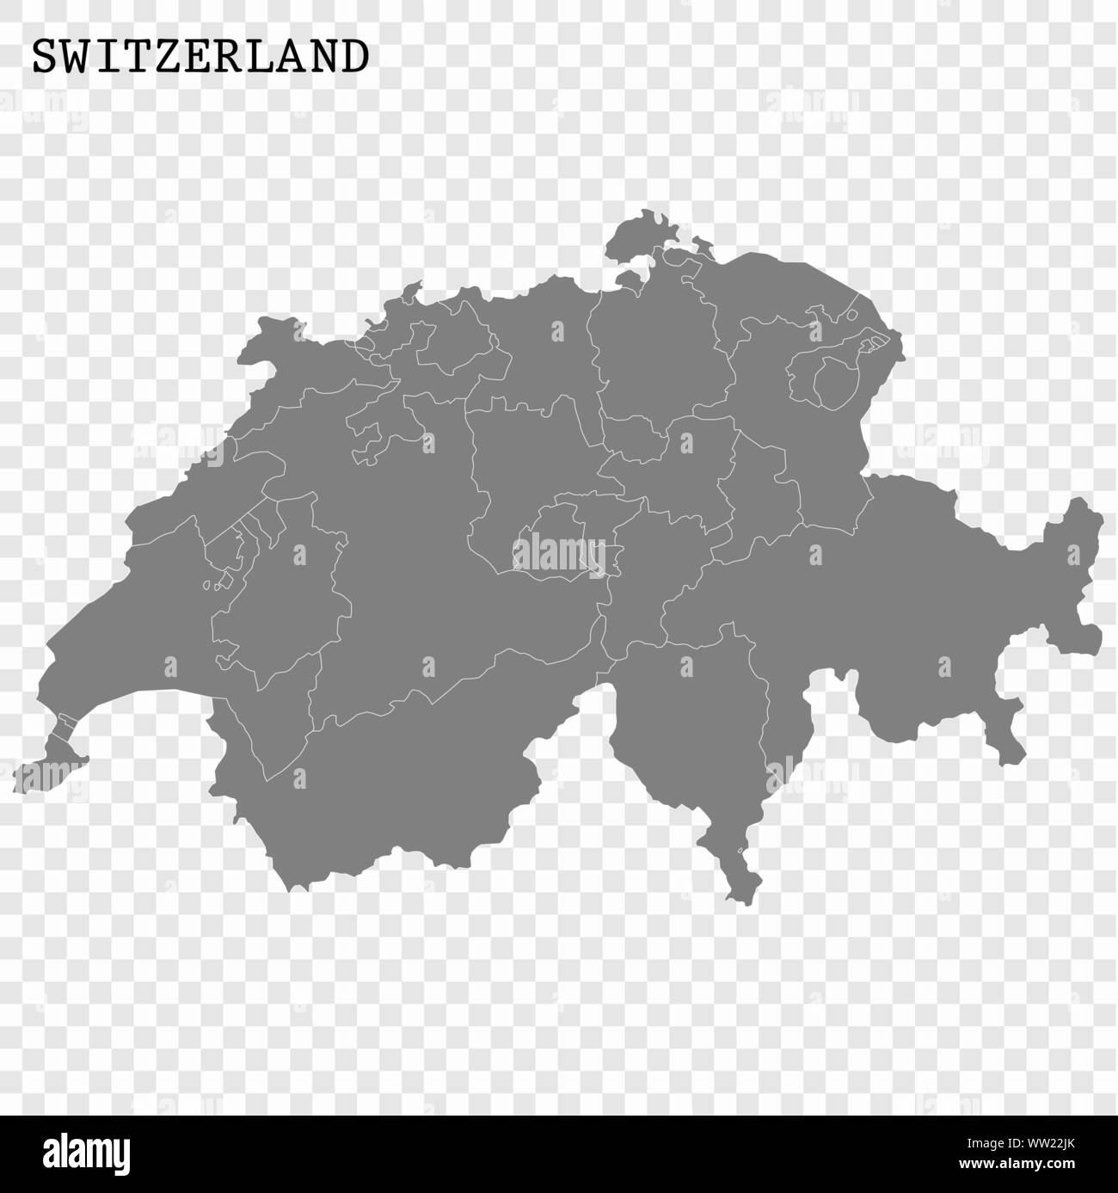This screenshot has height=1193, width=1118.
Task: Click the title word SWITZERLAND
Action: pos(200,57)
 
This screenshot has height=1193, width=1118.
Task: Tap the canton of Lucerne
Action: pos(516,464)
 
